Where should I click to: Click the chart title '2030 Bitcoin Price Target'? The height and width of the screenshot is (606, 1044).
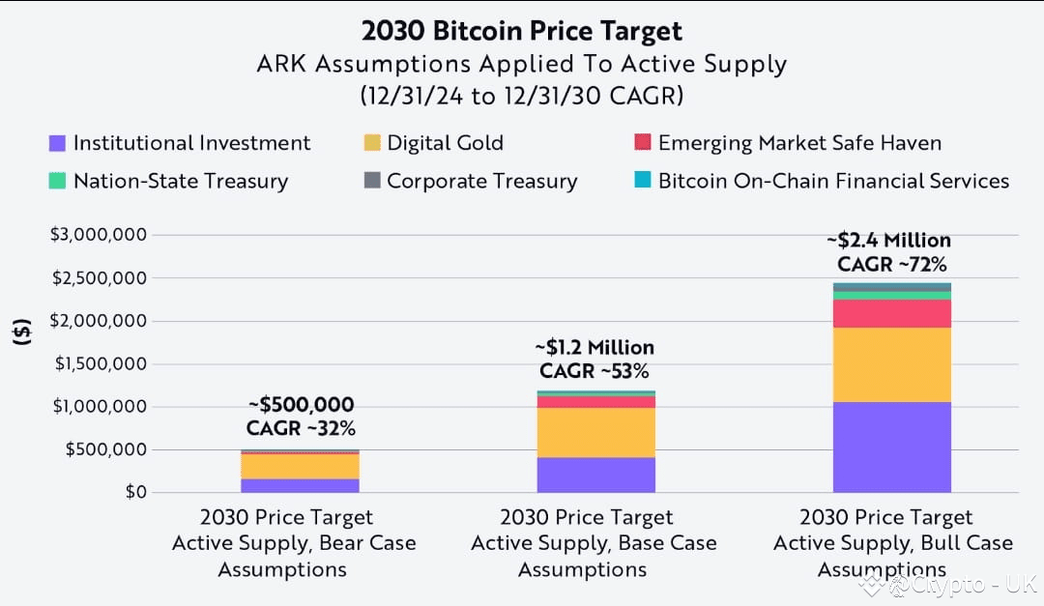tap(522, 31)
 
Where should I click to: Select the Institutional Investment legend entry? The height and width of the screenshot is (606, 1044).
tap(180, 143)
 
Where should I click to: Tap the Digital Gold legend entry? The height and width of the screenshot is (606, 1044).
tap(433, 143)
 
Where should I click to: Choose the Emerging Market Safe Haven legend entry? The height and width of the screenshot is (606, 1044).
tap(788, 143)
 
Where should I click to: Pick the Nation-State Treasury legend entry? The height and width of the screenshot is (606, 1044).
tap(168, 181)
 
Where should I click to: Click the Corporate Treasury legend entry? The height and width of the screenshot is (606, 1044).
tap(471, 181)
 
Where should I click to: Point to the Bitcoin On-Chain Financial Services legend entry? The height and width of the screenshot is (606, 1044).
tap(822, 181)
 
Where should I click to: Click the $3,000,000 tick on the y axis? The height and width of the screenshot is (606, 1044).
tap(99, 235)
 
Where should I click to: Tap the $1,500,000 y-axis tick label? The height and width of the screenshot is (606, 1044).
tap(101, 363)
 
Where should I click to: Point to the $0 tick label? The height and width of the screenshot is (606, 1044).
tap(136, 492)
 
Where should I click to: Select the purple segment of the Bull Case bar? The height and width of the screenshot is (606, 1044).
tap(891, 447)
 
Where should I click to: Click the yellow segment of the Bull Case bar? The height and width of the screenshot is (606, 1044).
tap(891, 364)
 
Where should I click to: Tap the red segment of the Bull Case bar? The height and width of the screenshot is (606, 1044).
tap(891, 314)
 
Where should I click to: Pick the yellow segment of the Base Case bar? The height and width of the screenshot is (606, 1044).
tap(595, 433)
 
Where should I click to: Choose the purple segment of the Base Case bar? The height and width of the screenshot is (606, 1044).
tap(595, 475)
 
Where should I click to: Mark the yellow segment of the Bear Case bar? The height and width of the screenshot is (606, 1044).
tap(301, 466)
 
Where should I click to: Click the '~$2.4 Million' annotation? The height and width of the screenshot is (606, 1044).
tap(889, 241)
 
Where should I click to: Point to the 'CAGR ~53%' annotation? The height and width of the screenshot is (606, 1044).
tap(594, 371)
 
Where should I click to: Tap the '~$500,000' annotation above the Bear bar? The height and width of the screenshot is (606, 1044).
tap(301, 405)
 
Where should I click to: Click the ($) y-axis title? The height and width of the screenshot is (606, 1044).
tap(22, 332)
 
